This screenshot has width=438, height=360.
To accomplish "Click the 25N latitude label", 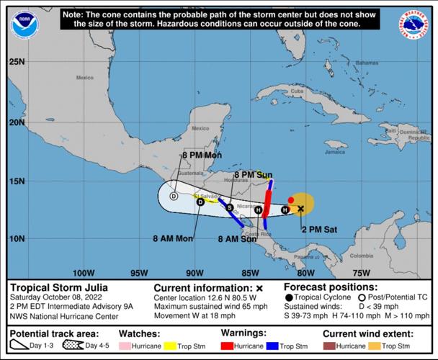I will [17, 62].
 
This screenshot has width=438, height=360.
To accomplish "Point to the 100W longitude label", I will [84, 273].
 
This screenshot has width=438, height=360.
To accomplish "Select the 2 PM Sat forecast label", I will [318, 229].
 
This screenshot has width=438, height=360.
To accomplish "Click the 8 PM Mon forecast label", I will [202, 155].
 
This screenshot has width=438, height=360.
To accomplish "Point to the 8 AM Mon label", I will [173, 238].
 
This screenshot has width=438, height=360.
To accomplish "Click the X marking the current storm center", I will [300, 209].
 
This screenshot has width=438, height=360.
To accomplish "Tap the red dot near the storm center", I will [291, 199].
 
